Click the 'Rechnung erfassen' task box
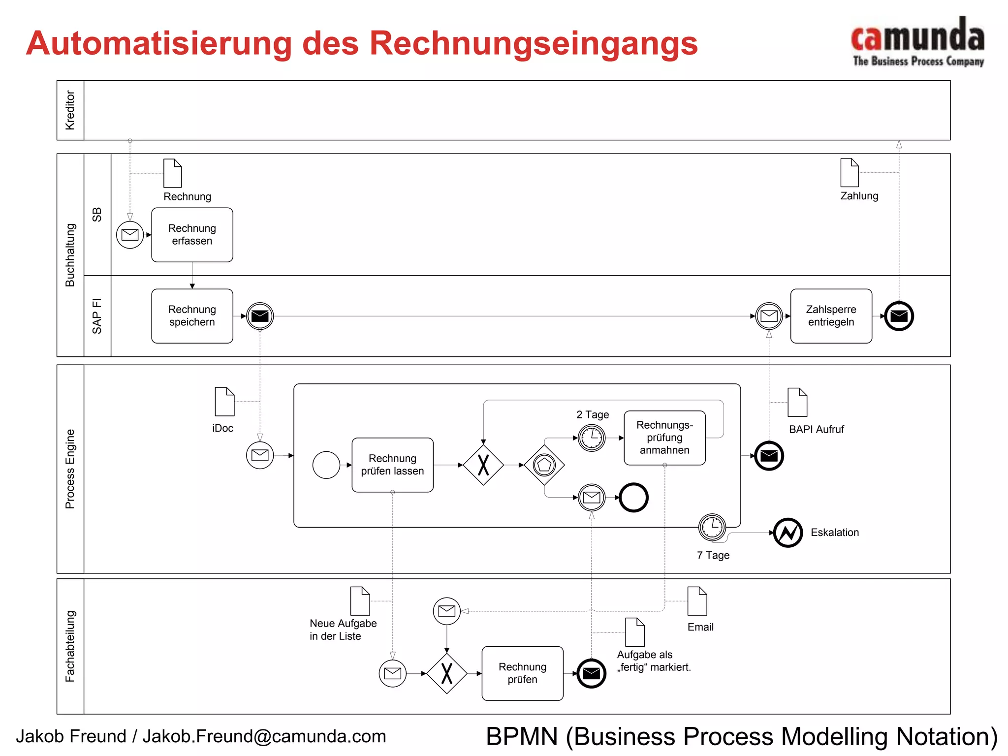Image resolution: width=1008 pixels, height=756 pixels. pos(192,235)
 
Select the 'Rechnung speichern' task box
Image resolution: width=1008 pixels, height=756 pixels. pos(192,316)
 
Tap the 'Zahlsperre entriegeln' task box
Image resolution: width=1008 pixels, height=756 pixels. pos(831,316)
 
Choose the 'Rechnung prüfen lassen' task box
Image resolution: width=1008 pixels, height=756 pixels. pos(392,465)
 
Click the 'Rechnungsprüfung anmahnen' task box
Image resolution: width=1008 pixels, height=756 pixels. pos(664,438)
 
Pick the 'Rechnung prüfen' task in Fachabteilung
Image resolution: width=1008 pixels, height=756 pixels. pos(522,673)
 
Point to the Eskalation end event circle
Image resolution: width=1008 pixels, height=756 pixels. pos(788,533)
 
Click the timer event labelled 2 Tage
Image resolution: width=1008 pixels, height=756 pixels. pos(592,438)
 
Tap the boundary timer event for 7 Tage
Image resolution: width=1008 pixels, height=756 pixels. pos(712,527)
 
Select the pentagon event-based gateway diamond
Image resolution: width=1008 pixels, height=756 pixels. pos(544,465)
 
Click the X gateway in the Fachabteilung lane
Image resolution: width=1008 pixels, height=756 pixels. pos(446,673)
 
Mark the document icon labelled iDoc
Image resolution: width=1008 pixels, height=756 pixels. pos(224,402)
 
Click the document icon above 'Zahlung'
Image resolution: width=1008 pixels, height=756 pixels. pos(850,172)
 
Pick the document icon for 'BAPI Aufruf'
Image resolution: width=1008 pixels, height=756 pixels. pos(797,403)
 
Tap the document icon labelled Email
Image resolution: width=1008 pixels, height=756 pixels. pos(697,601)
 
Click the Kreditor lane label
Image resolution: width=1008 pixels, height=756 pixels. pos(70,110)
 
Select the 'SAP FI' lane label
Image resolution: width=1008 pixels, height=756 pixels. pos(97,316)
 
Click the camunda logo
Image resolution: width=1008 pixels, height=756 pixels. pos(918,41)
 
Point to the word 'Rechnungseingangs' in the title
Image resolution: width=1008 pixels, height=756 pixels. pos(534,43)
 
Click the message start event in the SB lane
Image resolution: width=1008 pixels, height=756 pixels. pos(130,235)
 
